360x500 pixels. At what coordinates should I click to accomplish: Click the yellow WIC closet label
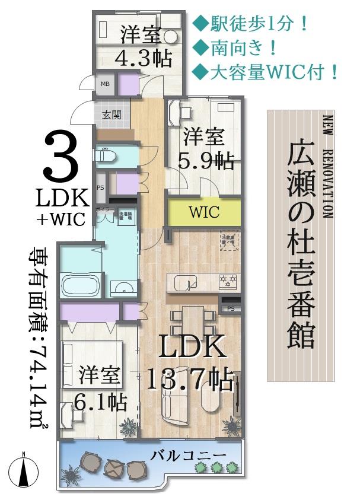coord(204,212)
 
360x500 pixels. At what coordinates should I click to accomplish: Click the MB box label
coord(105,84)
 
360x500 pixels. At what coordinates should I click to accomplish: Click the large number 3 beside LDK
coord(61,156)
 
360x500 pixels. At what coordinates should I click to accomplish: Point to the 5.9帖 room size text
coord(206,161)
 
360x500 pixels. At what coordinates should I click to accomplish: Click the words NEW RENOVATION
coord(329,165)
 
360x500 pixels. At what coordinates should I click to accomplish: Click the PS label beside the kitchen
coord(231,308)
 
